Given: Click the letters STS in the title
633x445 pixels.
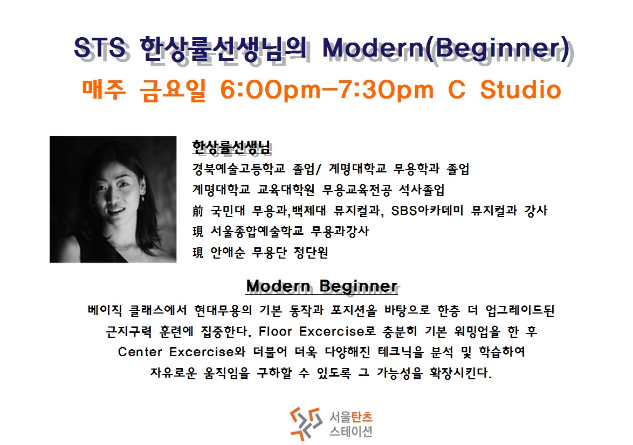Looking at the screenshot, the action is coord(100,47).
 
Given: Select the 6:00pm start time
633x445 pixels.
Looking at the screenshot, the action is coord(270,89).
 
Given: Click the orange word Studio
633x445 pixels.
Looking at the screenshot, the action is coord(521,89).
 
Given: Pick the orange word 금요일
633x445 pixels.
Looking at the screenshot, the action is coord(173,89).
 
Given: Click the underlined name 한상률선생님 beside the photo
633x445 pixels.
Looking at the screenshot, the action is coord(231,147).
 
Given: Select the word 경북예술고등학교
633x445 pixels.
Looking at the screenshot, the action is coord(238,169).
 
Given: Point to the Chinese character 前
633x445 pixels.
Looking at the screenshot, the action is coord(198,211).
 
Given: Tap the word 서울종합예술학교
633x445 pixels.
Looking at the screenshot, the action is coord(257,231).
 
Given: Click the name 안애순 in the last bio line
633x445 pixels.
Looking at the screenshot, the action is coord(228,253).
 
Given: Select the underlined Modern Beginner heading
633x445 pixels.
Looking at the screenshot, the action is coord(322,286).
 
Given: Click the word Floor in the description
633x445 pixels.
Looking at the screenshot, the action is coord(275,331).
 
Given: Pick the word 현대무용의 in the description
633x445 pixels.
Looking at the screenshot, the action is coord(223,310).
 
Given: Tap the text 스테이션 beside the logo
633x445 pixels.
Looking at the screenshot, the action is coord(351,432).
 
